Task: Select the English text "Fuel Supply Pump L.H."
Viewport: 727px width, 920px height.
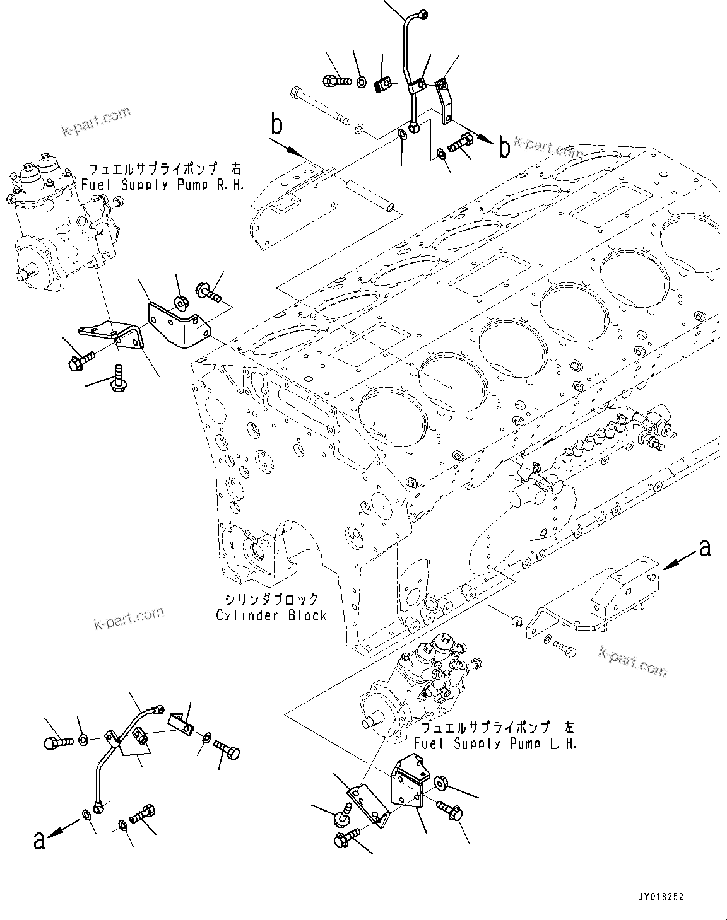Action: pyautogui.click(x=495, y=743)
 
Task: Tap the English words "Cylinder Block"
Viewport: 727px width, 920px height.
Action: pyautogui.click(x=271, y=615)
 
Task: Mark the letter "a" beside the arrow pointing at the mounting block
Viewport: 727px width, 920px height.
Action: pyautogui.click(x=704, y=548)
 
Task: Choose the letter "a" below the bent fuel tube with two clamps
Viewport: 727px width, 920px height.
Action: pyautogui.click(x=39, y=841)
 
